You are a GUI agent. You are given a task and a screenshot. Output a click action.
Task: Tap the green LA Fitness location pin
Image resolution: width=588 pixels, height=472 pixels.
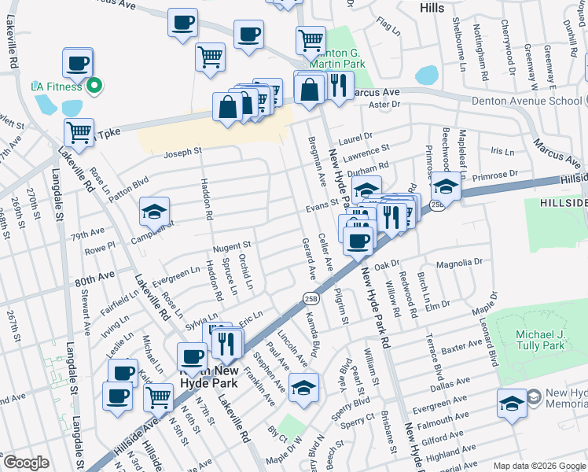[x=94, y=85]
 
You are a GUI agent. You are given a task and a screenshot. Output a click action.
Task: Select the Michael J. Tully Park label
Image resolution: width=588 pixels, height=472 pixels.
[x=541, y=340]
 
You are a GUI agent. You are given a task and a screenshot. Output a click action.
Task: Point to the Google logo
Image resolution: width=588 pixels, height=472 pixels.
[x=25, y=463]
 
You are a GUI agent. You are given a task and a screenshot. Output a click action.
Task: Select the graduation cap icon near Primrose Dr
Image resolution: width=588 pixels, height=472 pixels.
[x=446, y=186]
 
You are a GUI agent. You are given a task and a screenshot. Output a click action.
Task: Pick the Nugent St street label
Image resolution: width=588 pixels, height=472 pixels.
[x=231, y=245]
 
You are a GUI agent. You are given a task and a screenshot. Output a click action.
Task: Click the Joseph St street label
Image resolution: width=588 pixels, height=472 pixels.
[x=182, y=150]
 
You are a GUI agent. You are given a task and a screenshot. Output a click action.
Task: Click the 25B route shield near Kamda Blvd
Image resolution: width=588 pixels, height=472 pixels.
[x=311, y=297]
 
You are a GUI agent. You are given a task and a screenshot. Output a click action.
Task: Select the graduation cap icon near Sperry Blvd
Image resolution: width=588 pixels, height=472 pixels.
[x=303, y=386]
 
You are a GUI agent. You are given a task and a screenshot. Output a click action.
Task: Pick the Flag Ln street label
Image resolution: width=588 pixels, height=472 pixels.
[x=388, y=25]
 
